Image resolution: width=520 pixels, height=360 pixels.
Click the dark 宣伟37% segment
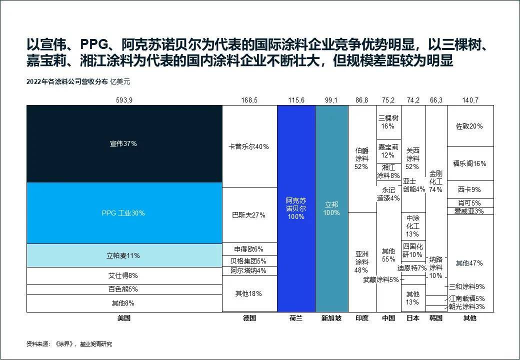(x=123, y=143)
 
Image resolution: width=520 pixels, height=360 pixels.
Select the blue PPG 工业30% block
(x=123, y=213)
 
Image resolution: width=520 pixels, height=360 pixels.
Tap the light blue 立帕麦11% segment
(x=123, y=255)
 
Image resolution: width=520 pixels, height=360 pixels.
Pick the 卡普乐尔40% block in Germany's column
(x=249, y=146)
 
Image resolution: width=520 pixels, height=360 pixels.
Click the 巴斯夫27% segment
(x=249, y=215)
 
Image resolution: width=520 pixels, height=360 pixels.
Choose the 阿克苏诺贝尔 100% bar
(x=296, y=208)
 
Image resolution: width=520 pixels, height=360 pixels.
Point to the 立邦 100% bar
(x=331, y=208)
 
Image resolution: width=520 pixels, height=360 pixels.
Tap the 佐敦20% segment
(x=470, y=126)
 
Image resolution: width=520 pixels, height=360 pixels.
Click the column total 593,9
(x=123, y=100)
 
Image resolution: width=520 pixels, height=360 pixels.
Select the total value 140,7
(x=470, y=100)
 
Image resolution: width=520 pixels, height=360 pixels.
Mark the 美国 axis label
(x=123, y=318)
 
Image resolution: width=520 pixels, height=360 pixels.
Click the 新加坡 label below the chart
(x=331, y=318)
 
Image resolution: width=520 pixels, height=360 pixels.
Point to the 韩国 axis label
(x=436, y=318)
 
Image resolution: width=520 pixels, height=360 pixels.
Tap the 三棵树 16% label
(x=388, y=122)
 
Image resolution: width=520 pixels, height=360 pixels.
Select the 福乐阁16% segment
(x=470, y=163)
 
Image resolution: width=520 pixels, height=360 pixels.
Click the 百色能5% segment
(x=123, y=289)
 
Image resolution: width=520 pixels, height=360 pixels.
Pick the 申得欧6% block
(x=249, y=249)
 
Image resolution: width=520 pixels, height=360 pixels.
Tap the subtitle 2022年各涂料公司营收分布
(x=67, y=81)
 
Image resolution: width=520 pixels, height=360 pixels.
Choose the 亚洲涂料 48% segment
(x=361, y=261)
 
